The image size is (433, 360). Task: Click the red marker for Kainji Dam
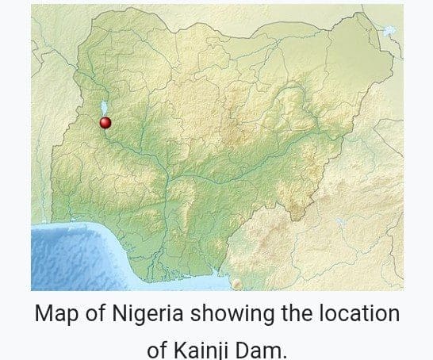pos(105,122)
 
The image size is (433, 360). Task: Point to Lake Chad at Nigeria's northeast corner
pos(389,31)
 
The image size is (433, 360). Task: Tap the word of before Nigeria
pos(94,314)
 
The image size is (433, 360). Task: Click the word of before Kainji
pos(159,349)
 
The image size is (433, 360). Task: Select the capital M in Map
pos(43,314)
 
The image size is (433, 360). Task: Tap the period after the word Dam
pos(284,354)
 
